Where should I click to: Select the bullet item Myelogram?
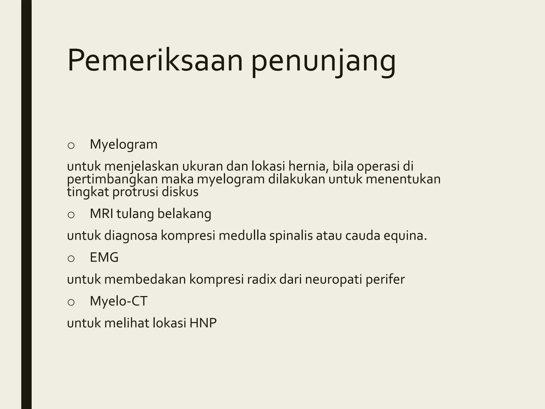click(x=123, y=145)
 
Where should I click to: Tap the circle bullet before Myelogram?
click(x=71, y=145)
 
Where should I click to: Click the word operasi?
click(x=378, y=166)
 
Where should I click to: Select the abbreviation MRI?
click(x=102, y=214)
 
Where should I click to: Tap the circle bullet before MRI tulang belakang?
click(x=71, y=215)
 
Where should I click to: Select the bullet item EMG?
click(x=104, y=257)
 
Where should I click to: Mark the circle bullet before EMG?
click(x=71, y=258)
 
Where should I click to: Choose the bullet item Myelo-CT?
click(x=118, y=301)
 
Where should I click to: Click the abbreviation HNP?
click(x=203, y=323)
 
